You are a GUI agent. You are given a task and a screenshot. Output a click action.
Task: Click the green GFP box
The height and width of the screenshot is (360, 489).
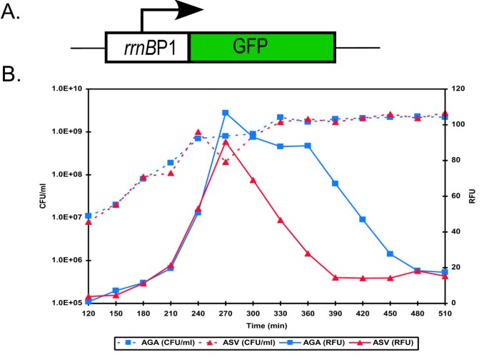(x=262, y=48)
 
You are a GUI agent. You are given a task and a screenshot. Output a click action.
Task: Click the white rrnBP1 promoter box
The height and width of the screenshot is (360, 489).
(x=147, y=48)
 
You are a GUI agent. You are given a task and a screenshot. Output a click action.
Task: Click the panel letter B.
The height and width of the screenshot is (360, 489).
(x=14, y=74)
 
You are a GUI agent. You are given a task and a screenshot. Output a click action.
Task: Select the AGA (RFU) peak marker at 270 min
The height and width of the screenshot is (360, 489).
(x=225, y=113)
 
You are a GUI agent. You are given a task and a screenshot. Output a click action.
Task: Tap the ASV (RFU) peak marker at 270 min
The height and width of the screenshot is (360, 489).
(x=225, y=142)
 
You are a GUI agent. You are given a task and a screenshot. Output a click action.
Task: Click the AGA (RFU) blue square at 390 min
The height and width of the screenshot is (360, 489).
(x=336, y=184)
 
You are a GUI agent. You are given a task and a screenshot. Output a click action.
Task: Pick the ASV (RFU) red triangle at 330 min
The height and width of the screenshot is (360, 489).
(x=281, y=220)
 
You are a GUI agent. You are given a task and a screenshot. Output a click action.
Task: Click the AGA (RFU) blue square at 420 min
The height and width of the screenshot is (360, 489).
(x=363, y=219)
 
